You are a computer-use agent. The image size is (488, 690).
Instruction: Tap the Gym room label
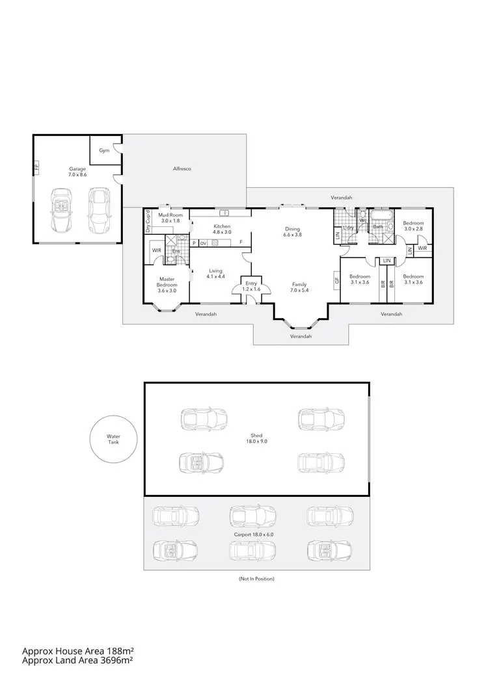(x=104, y=150)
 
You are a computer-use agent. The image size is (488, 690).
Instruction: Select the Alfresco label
(x=182, y=168)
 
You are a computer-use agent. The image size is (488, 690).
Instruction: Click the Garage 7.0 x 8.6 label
(x=77, y=172)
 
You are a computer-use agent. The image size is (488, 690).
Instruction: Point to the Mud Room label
(x=170, y=218)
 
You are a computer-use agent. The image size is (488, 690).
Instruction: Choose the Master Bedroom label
(x=167, y=285)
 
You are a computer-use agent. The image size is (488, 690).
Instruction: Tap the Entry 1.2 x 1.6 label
(x=251, y=286)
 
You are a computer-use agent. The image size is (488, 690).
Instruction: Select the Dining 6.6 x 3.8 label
(x=293, y=232)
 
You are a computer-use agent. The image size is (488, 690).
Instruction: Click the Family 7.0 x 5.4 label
(x=299, y=287)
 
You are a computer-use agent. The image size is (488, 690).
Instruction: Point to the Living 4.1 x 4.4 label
(x=215, y=274)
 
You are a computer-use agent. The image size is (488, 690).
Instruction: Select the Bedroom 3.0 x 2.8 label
(x=413, y=226)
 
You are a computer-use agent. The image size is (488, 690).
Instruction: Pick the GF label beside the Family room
(x=337, y=282)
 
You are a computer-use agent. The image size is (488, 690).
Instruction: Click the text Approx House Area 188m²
(x=77, y=650)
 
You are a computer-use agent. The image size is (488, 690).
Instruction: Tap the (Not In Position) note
(x=257, y=578)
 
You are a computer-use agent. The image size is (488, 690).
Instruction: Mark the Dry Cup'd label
(x=148, y=222)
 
